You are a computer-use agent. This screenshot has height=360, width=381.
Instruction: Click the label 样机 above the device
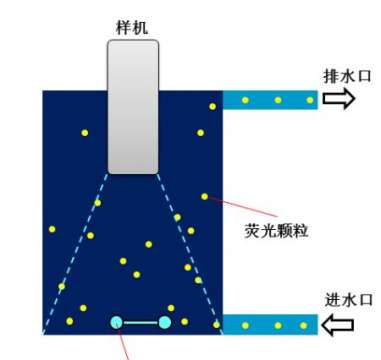pos(132,27)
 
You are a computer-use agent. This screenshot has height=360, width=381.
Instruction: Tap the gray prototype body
pos(133,107)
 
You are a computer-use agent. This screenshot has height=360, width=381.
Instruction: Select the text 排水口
pos(347,76)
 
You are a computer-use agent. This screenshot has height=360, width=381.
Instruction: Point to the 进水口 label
pos(348,300)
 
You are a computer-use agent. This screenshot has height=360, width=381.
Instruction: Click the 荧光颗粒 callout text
pos(276,231)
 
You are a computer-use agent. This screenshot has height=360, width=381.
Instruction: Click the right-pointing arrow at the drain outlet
pos(338,99)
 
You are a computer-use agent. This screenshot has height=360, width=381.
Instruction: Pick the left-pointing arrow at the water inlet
pos(338,325)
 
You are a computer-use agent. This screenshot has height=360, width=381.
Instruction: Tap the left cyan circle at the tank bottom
pos(116,322)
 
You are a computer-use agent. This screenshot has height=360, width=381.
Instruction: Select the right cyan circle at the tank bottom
pos(165,322)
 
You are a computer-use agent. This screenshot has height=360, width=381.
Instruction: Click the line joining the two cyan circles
pos(140,323)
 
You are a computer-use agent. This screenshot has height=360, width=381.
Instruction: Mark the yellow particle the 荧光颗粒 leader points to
pos(204,197)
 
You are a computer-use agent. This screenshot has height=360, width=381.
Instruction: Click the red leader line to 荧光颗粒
pos(242,207)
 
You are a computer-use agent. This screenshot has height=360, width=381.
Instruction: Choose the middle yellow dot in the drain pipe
pos(278,100)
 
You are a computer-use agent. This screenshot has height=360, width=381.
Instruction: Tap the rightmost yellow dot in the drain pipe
pos(310,100)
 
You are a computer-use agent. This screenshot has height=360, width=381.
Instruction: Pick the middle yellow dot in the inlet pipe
pos(278,326)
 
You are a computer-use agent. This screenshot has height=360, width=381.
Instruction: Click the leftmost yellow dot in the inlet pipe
pos(245,326)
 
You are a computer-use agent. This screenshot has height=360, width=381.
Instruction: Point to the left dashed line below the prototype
pos(76,253)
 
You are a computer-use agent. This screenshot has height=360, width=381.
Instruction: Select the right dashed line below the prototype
pos(190,253)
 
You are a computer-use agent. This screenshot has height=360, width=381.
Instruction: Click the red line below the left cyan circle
pos(123,344)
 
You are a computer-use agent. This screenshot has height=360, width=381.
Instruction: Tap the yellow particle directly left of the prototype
pos(85,133)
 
